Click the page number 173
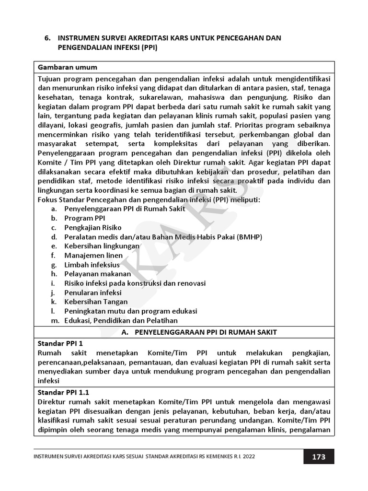click(319, 456)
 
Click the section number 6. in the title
click(48, 38)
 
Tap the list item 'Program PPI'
click(81, 218)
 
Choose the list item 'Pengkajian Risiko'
click(93, 227)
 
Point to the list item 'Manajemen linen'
click(93, 255)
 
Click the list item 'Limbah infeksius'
click(92, 265)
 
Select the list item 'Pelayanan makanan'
click(98, 274)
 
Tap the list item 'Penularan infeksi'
click(93, 292)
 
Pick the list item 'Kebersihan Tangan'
click(96, 302)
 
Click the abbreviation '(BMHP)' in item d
click(249, 237)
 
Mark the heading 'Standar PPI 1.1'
click(64, 392)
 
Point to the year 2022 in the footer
click(247, 457)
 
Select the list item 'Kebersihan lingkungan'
click(102, 246)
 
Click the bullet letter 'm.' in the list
click(55, 320)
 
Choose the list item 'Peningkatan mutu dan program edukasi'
click(131, 311)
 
